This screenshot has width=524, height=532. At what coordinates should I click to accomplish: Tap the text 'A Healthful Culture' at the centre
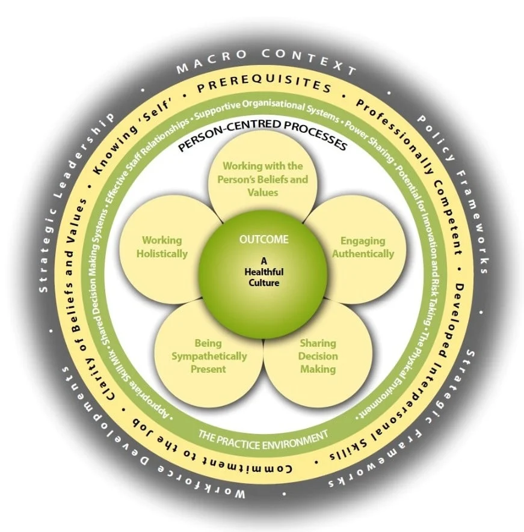[x=263, y=272]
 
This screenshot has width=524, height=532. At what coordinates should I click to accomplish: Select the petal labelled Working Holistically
[x=161, y=247]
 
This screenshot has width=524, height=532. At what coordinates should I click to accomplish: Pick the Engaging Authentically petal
[x=363, y=247]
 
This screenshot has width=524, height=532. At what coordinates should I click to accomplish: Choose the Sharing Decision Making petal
[x=319, y=356]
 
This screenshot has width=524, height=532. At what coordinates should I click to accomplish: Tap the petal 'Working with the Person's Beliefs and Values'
[x=263, y=179]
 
